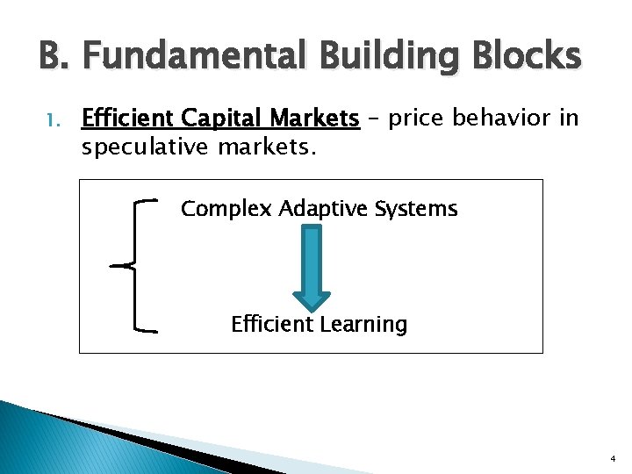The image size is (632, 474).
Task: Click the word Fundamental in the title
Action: point(194,58)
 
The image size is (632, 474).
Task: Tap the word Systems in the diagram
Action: point(418,209)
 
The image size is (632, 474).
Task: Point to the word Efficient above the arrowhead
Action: point(271,325)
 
